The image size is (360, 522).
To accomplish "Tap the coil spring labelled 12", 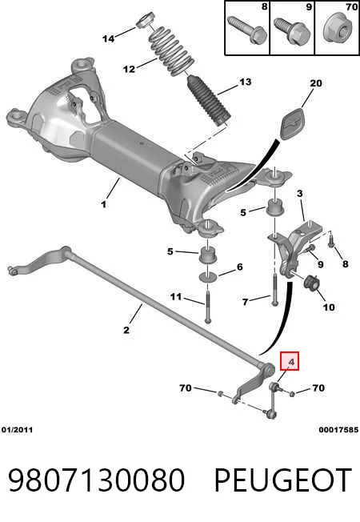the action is pyautogui.click(x=170, y=50).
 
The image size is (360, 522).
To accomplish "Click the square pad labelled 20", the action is pyautogui.click(x=294, y=122).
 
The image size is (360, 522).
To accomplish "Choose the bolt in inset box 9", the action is pyautogui.click(x=292, y=30).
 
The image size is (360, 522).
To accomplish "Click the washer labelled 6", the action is pyautogui.click(x=208, y=276).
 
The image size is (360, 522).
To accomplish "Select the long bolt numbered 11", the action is pyautogui.click(x=208, y=306).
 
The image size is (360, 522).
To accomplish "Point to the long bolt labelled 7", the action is pyautogui.click(x=274, y=289).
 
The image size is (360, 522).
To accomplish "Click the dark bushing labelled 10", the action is pyautogui.click(x=312, y=282).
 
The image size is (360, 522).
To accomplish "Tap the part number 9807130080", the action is pyautogui.click(x=96, y=480).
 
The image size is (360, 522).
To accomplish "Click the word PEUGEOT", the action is pyautogui.click(x=283, y=480).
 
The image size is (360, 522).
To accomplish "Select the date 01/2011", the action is pyautogui.click(x=18, y=430).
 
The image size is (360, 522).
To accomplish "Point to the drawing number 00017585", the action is pyautogui.click(x=338, y=430).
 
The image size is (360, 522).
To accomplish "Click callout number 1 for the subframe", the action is pyautogui.click(x=104, y=204).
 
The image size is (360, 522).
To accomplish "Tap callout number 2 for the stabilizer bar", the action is pyautogui.click(x=126, y=330).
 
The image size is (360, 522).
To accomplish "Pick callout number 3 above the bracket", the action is pyautogui.click(x=300, y=193).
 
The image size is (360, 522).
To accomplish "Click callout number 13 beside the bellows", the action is pyautogui.click(x=246, y=82).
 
